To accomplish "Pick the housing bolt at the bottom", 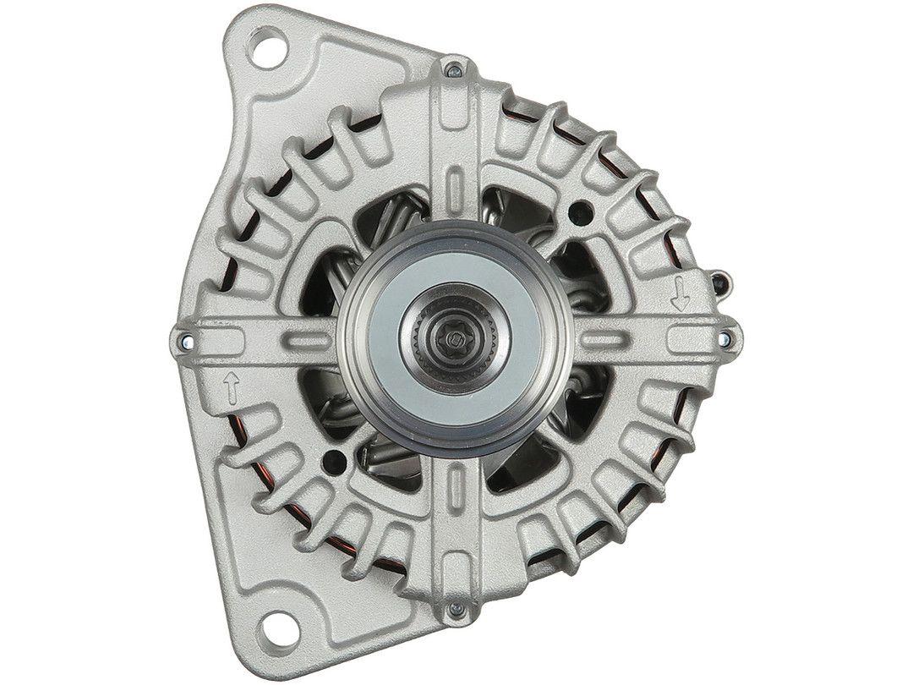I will click(455, 606).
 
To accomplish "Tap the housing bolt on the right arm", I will click(724, 338).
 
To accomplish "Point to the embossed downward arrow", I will click(678, 296).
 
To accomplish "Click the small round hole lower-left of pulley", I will click(335, 461).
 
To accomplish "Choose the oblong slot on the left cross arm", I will click(306, 341).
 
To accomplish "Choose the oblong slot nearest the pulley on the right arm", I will click(603, 338).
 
